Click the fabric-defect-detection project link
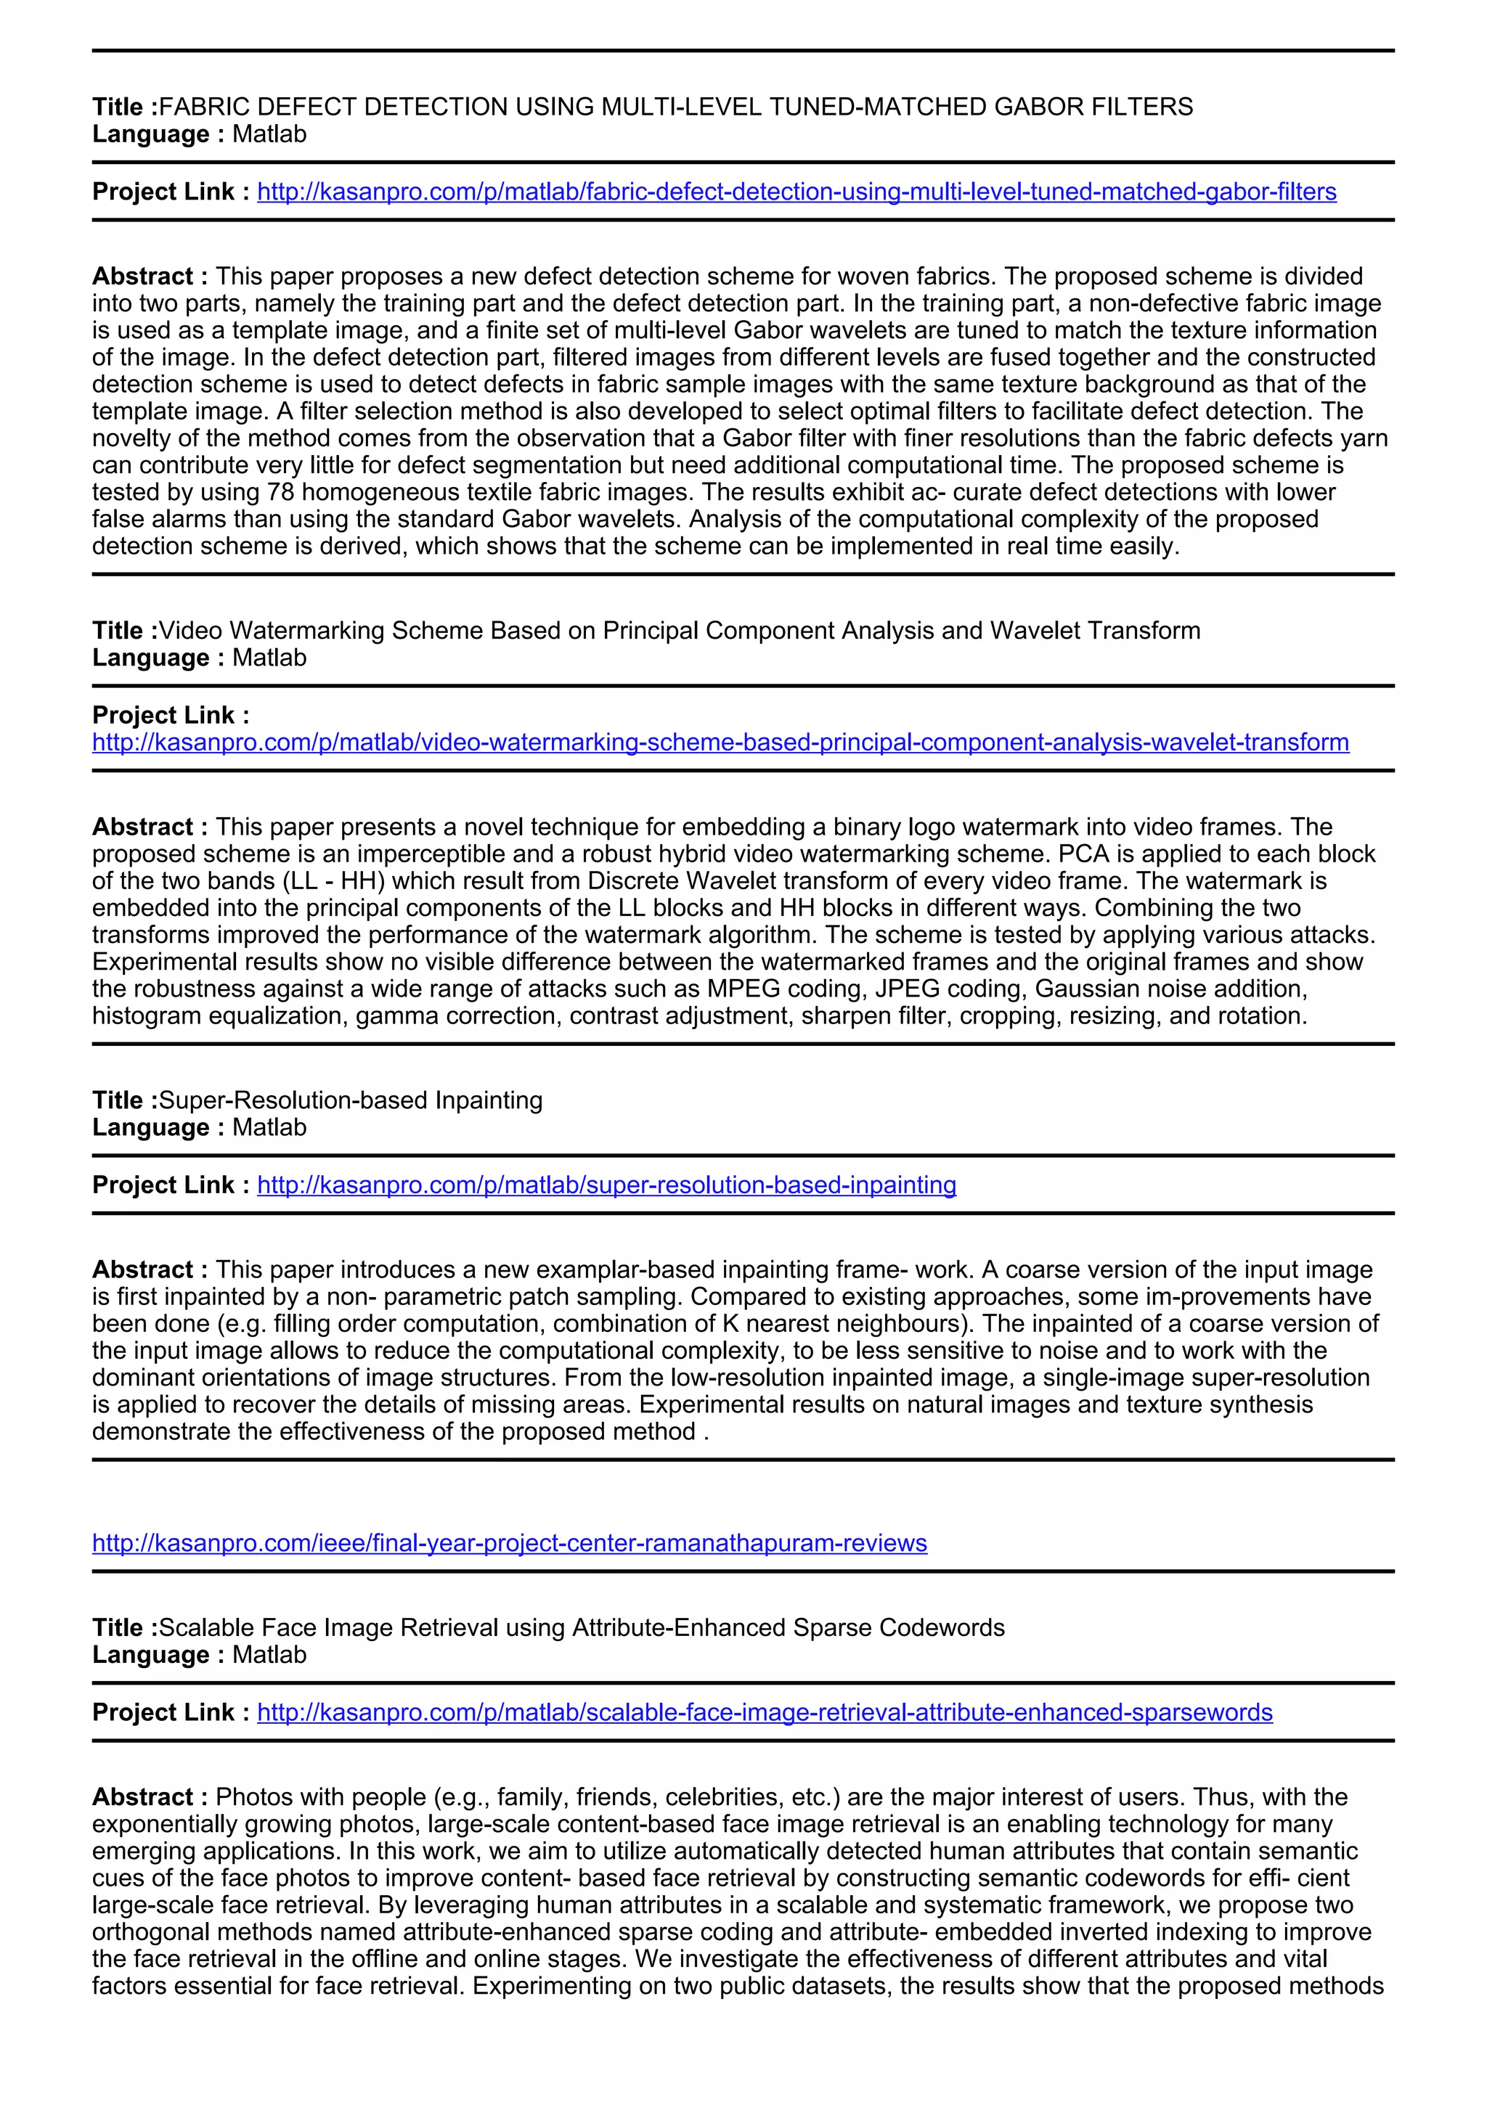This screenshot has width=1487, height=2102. point(797,192)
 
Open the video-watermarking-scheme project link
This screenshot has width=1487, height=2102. point(720,742)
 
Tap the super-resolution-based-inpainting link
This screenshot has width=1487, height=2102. point(606,1185)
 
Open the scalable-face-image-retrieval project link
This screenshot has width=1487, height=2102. point(765,1712)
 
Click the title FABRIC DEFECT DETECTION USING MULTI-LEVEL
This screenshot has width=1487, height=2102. point(676,107)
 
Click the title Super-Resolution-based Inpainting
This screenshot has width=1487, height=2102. point(351,1100)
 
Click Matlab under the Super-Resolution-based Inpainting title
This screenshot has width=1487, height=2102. point(269,1127)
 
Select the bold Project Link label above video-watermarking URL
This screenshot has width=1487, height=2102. point(171,715)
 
